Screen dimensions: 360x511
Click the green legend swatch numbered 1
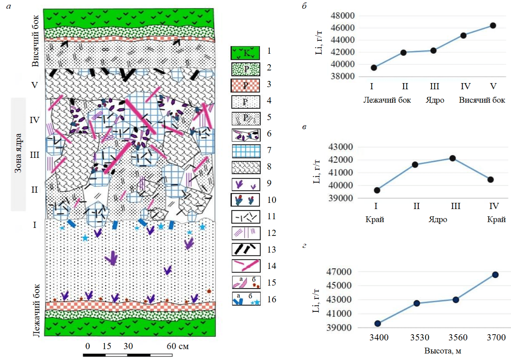click(x=246, y=53)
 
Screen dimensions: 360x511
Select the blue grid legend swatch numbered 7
click(x=246, y=151)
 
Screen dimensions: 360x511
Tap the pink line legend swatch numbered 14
click(x=246, y=266)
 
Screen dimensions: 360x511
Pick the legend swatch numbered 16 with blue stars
click(x=246, y=299)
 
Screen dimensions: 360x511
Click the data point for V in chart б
click(x=493, y=25)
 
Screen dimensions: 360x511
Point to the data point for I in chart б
click(x=374, y=67)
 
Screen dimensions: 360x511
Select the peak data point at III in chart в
click(x=453, y=158)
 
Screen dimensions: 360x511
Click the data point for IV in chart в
click(x=491, y=180)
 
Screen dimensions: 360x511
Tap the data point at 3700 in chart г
click(x=495, y=275)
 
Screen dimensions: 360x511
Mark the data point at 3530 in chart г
click(x=417, y=303)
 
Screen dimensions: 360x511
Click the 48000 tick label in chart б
click(x=342, y=16)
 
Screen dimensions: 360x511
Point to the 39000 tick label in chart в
click(x=340, y=198)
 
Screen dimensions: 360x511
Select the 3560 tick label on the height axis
click(x=458, y=337)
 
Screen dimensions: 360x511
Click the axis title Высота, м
click(x=442, y=351)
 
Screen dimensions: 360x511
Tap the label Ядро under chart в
click(x=438, y=220)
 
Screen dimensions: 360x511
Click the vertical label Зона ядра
click(x=18, y=153)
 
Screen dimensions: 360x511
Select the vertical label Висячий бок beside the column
click(x=35, y=41)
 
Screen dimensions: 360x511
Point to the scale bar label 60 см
click(x=178, y=346)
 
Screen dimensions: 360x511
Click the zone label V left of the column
click(x=35, y=85)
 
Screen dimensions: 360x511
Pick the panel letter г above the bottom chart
click(x=304, y=246)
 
